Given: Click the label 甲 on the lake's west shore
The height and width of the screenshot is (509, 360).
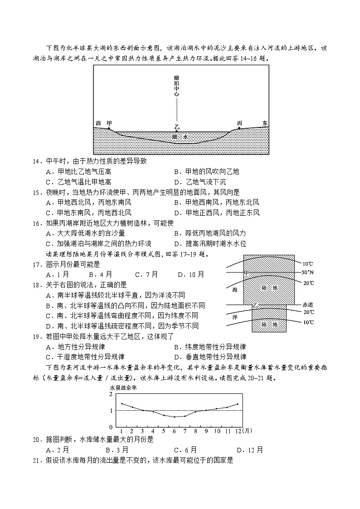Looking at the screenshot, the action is click(109, 123).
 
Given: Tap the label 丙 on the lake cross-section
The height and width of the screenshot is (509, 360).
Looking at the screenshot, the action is click(239, 123).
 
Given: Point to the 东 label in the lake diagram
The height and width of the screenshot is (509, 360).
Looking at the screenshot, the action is click(265, 123).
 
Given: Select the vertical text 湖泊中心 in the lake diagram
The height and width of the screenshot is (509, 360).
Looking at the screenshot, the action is click(176, 86).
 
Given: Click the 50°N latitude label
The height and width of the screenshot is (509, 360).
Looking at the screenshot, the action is click(308, 272).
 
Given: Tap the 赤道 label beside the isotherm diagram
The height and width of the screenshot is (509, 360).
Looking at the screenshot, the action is click(308, 305).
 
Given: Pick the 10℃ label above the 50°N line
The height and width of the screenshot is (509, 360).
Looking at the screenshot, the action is click(308, 263).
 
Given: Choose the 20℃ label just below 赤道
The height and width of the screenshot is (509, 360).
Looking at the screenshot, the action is click(308, 312).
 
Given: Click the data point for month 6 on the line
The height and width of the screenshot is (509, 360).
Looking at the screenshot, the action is click(175, 417).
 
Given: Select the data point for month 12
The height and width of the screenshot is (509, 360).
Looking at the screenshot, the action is click(237, 404).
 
